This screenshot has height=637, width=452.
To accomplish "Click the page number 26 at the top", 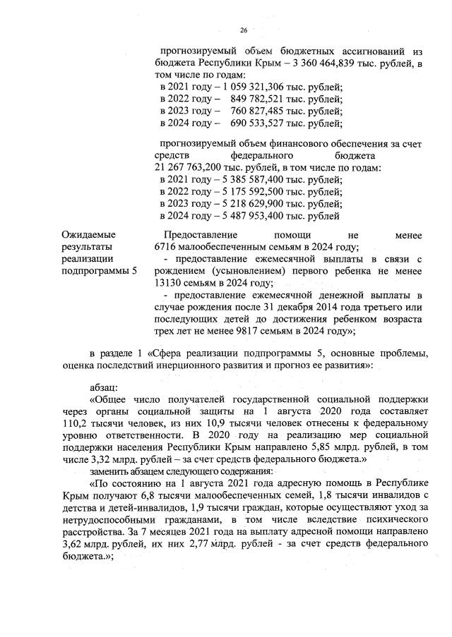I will (244, 30).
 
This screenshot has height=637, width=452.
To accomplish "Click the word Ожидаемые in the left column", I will (88, 234).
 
